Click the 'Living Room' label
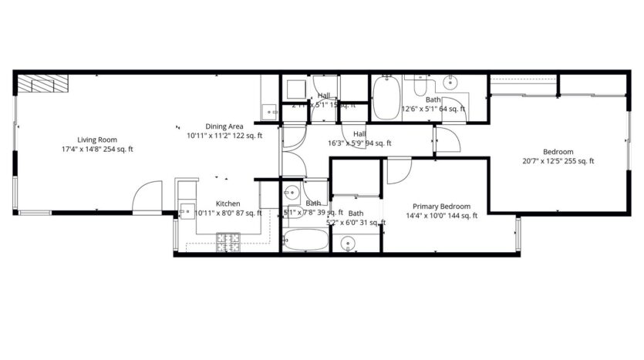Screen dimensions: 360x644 (97, 140)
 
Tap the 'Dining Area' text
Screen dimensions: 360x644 (224, 126)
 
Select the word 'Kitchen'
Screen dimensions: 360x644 (228, 204)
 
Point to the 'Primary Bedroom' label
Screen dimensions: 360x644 (441, 206)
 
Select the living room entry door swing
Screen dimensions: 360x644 (147, 197)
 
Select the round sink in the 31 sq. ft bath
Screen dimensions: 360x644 (349, 244)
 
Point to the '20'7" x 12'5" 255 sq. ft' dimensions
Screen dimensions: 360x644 (558, 161)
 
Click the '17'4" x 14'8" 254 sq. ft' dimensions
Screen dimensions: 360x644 (97, 149)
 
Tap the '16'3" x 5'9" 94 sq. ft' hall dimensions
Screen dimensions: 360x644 (360, 143)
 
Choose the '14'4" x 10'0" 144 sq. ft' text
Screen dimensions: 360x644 (441, 215)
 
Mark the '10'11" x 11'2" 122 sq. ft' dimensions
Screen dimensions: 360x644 (224, 136)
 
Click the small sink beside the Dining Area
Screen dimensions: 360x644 (269, 111)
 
